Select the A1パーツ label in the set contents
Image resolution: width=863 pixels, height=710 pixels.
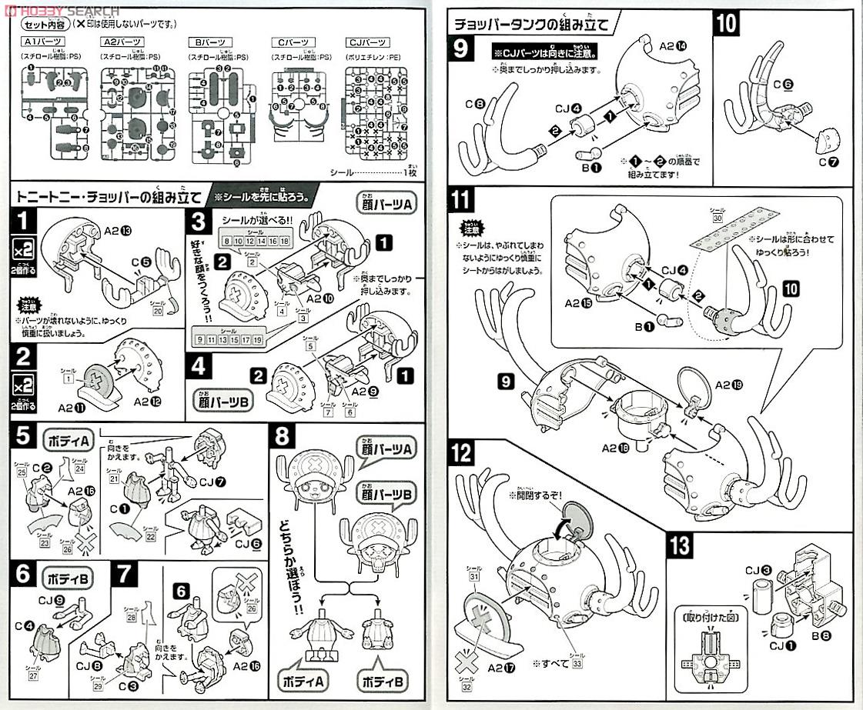pyautogui.click(x=42, y=41)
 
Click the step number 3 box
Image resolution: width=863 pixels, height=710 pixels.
pyautogui.click(x=200, y=224)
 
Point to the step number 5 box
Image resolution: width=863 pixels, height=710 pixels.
pyautogui.click(x=23, y=437)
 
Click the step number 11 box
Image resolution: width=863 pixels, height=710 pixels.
pyautogui.click(x=460, y=202)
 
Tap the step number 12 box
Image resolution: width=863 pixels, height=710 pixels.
pyautogui.click(x=460, y=454)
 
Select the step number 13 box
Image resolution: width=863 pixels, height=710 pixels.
pyautogui.click(x=681, y=545)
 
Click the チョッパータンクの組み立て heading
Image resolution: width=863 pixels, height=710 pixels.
pyautogui.click(x=531, y=24)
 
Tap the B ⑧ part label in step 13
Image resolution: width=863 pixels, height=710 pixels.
pyautogui.click(x=818, y=635)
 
